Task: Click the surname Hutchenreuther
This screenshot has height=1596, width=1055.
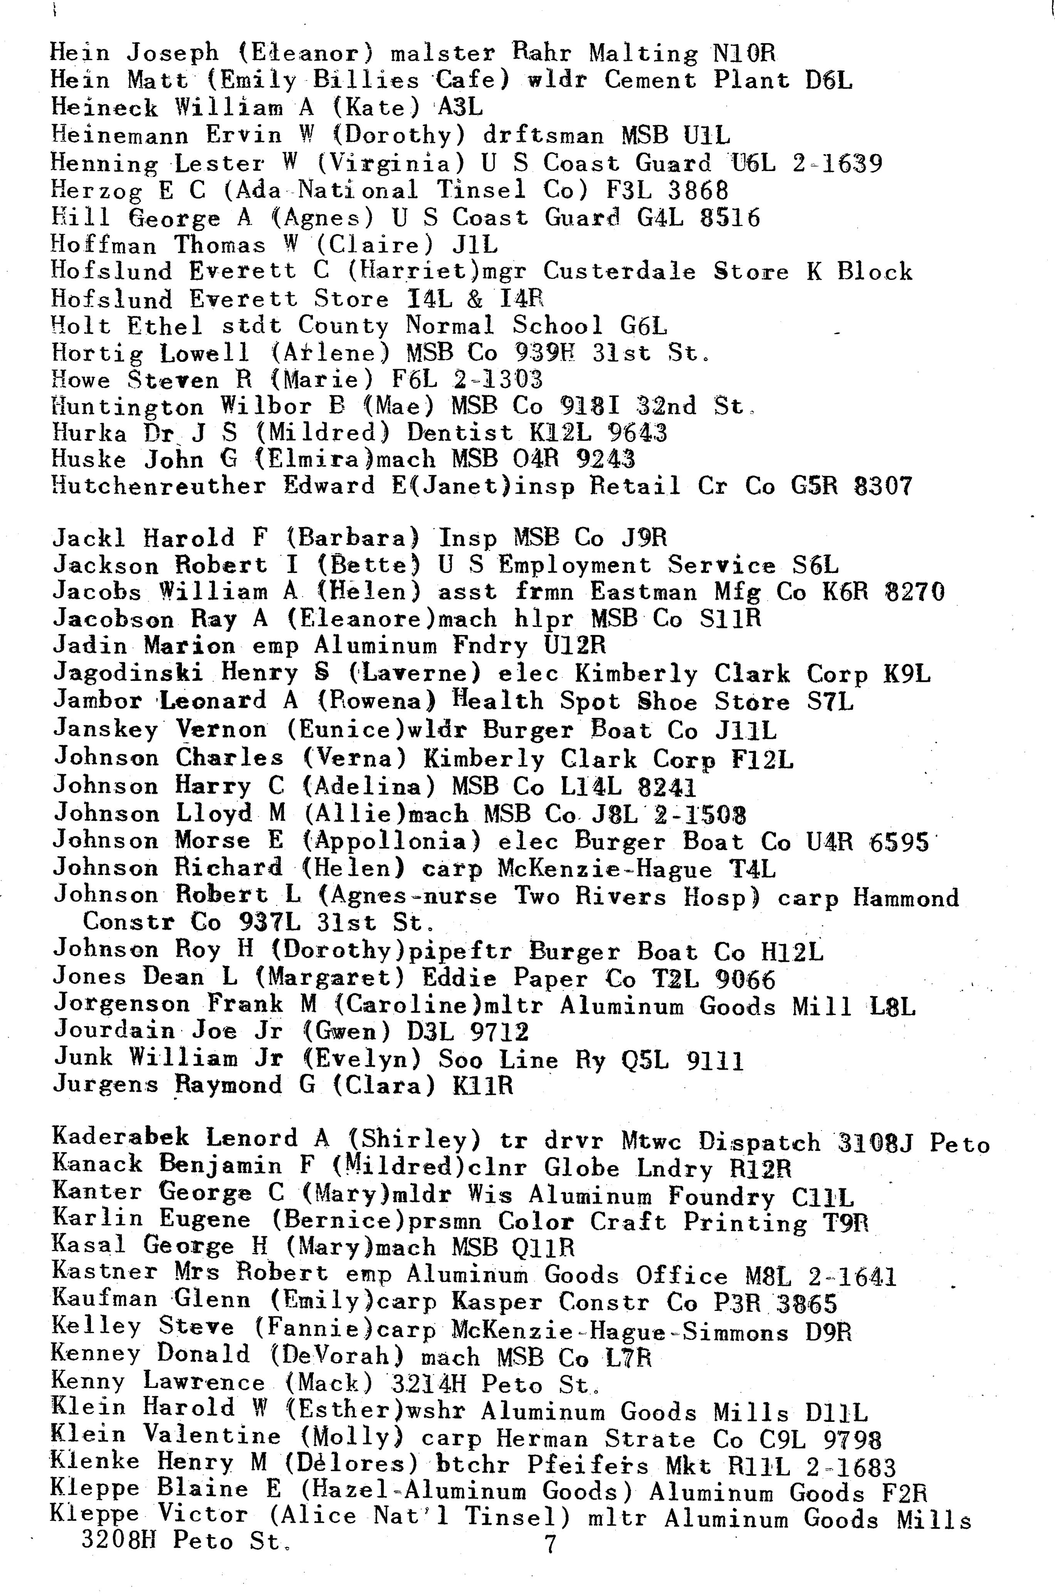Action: (159, 486)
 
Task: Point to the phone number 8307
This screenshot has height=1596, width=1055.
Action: (883, 486)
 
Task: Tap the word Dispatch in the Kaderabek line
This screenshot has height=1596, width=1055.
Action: (759, 1142)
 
